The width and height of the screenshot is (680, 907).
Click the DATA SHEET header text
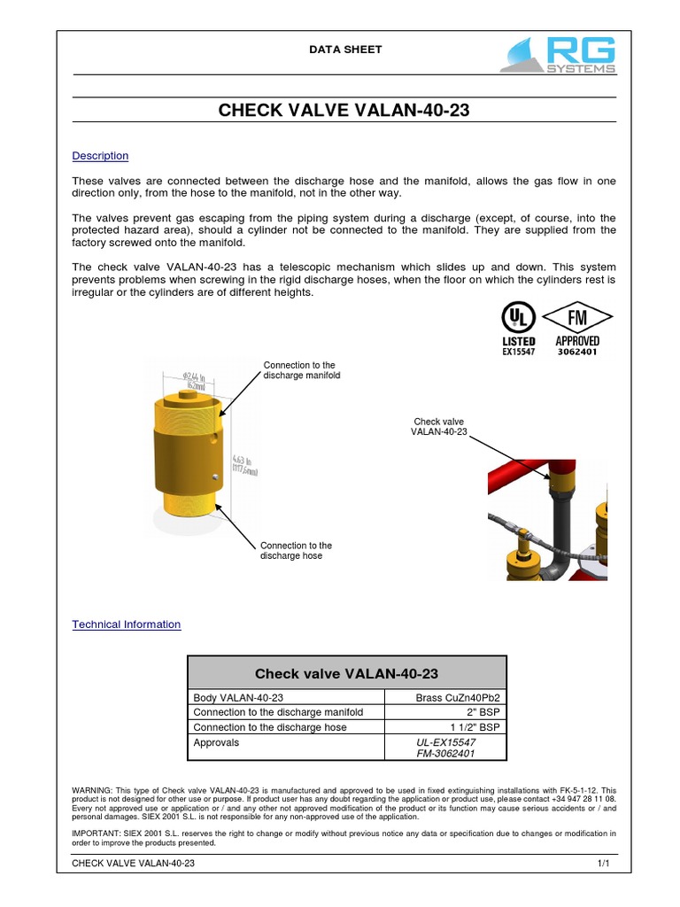click(344, 50)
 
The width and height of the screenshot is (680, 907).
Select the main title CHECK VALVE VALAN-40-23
click(344, 111)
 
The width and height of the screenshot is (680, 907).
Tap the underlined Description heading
click(100, 156)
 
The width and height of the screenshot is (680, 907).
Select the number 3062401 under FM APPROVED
click(577, 352)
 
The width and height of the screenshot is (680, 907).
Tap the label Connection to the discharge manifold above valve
click(301, 370)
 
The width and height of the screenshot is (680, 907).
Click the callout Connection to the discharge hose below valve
click(296, 551)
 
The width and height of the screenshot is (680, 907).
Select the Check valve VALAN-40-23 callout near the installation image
click(438, 426)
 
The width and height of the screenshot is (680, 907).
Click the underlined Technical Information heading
click(126, 624)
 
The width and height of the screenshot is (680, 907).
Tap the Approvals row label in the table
click(216, 742)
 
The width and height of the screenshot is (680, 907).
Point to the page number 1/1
click(604, 863)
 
